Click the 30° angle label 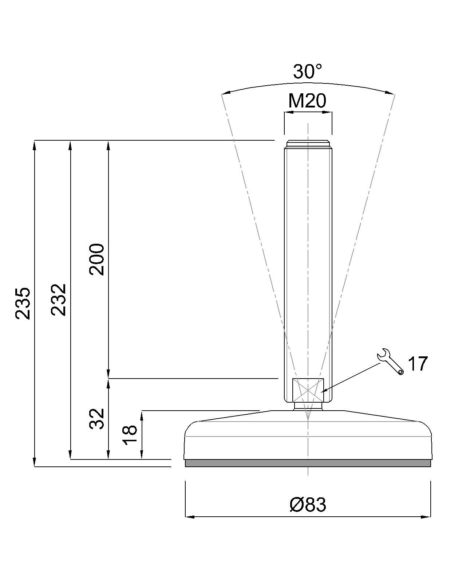click(308, 71)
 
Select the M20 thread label click(307, 101)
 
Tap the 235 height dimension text click(23, 303)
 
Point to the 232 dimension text click(58, 300)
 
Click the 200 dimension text click(97, 259)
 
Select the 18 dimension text click(130, 435)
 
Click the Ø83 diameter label click(308, 505)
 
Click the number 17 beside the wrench click(417, 364)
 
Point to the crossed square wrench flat click(308, 390)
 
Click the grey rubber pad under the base click(308, 463)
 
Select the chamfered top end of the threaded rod click(308, 143)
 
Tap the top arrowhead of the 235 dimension click(35, 144)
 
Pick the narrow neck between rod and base click(308, 406)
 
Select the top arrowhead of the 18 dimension click(142, 415)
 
